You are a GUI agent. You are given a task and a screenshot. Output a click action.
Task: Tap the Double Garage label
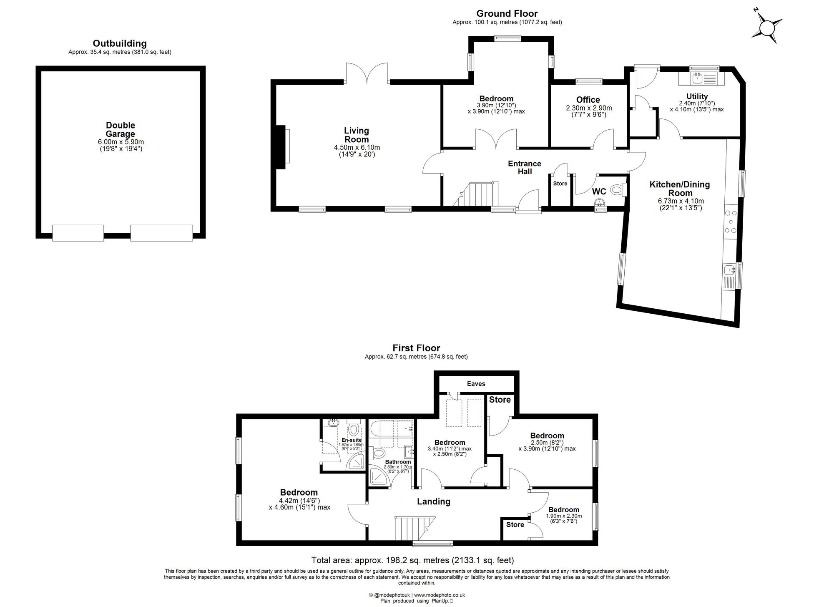point(120,129)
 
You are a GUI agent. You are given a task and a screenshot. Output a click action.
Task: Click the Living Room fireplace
point(282,147)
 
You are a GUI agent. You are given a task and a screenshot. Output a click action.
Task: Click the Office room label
point(588,100)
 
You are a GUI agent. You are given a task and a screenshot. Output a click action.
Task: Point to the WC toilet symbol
point(617,190)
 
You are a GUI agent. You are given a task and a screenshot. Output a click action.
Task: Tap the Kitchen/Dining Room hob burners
point(731,222)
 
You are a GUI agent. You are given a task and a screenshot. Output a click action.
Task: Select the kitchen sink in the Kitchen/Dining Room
point(730,271)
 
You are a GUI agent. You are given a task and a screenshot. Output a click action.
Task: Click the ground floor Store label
point(560,184)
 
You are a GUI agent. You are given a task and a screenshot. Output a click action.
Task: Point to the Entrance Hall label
point(525,167)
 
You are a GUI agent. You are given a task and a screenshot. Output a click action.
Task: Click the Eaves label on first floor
point(476,384)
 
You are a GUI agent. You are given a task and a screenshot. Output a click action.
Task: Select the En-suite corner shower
point(357,462)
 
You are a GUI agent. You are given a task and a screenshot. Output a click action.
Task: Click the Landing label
point(434,501)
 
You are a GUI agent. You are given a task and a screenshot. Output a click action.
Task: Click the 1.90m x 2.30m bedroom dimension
point(563,519)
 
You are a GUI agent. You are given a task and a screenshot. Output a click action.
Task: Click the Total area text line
point(412,560)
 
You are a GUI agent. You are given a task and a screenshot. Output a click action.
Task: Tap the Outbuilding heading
point(120,43)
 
